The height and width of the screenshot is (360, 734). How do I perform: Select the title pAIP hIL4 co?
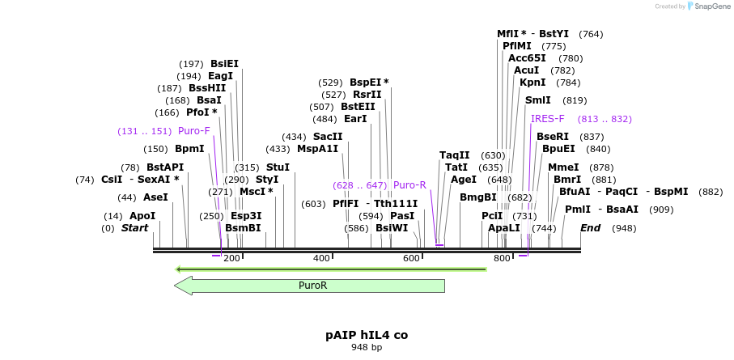click(x=367, y=334)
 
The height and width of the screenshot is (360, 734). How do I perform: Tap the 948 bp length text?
click(x=367, y=347)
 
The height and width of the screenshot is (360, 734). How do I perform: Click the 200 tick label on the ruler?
click(x=231, y=258)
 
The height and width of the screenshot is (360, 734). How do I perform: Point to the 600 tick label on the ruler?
click(x=411, y=258)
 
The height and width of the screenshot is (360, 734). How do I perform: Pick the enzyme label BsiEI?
click(x=224, y=64)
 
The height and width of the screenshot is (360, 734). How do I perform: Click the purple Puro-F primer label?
click(x=194, y=131)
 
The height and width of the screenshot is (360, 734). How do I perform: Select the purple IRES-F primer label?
click(x=548, y=119)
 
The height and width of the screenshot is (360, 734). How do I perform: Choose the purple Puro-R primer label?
click(x=409, y=185)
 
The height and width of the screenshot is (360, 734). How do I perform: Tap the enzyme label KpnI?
click(x=532, y=83)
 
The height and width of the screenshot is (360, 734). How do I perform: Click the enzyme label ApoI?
click(x=142, y=216)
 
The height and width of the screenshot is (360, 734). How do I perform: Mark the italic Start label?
click(x=135, y=228)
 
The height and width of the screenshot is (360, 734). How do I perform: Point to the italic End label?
click(x=591, y=228)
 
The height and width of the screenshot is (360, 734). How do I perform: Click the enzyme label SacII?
click(x=328, y=137)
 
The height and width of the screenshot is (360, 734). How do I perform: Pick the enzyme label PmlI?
click(x=578, y=210)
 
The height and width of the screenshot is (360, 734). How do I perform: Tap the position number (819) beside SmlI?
click(x=575, y=100)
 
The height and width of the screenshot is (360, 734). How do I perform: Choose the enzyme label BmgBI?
click(x=477, y=197)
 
